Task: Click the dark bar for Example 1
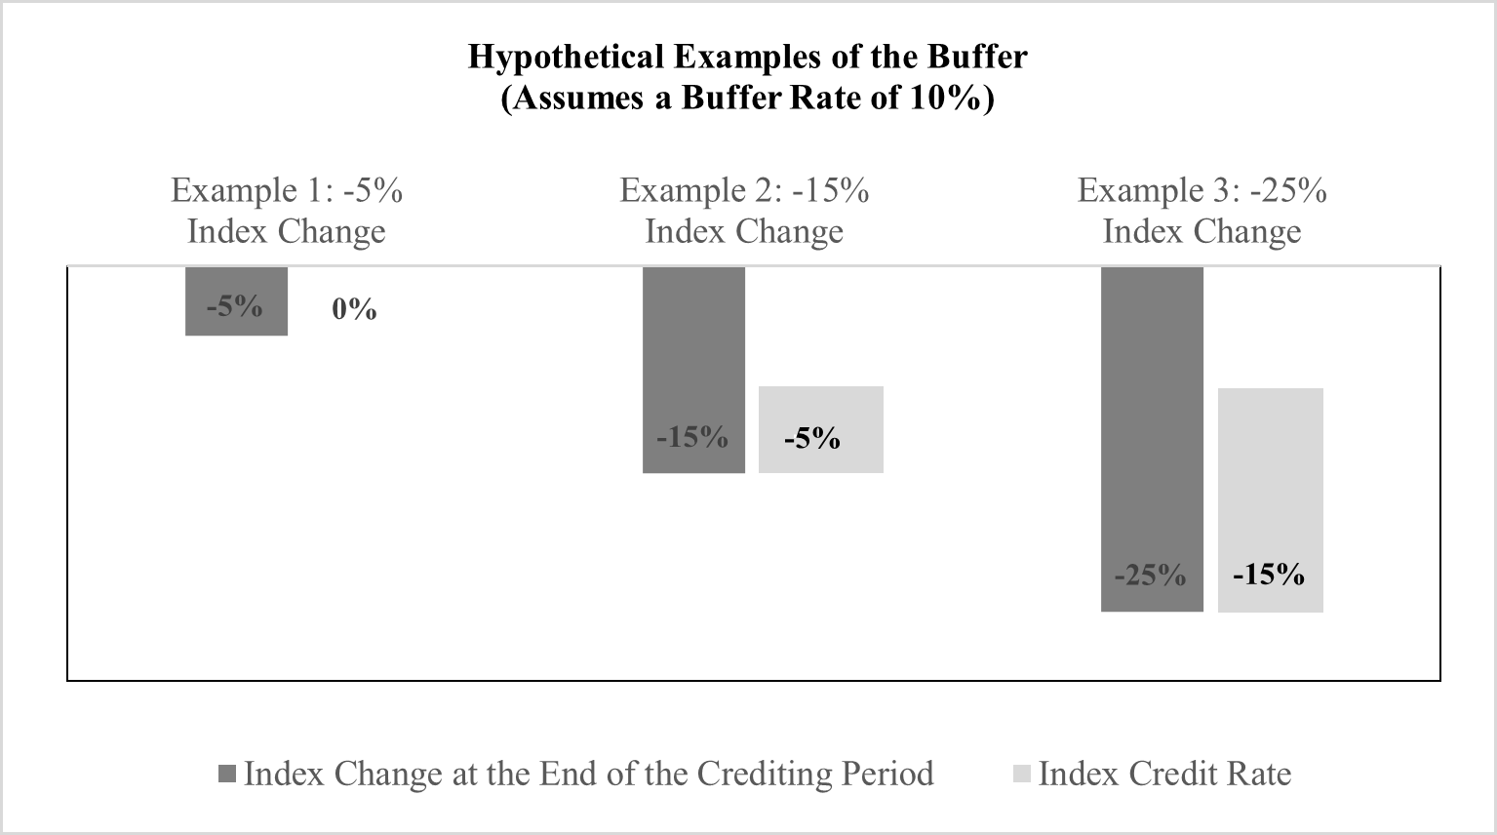pos(237,300)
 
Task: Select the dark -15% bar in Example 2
pos(693,370)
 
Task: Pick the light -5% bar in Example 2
pos(821,430)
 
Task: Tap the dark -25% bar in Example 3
pos(1152,439)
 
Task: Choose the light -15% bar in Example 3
pos(1271,500)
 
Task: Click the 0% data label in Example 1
pos(354,309)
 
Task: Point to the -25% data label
pos(1150,575)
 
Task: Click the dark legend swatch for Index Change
pos(227,775)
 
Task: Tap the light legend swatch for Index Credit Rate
pos(1022,775)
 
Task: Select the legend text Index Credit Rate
pos(1164,775)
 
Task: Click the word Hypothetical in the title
pos(567,57)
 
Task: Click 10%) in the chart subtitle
pos(953,99)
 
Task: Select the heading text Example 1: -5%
pos(287,190)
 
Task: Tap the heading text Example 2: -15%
pos(744,190)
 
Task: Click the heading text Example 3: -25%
pos(1202,190)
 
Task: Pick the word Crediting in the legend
pos(765,775)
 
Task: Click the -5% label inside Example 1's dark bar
pos(235,307)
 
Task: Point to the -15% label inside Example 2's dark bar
pos(692,438)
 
